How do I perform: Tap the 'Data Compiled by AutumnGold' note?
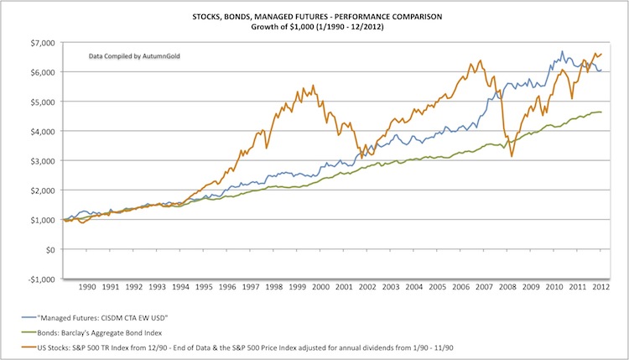[x=137, y=57]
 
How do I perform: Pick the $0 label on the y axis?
[x=50, y=249]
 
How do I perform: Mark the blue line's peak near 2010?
[x=562, y=51]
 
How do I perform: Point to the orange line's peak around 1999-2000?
[x=313, y=85]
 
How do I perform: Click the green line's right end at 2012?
[x=600, y=112]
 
